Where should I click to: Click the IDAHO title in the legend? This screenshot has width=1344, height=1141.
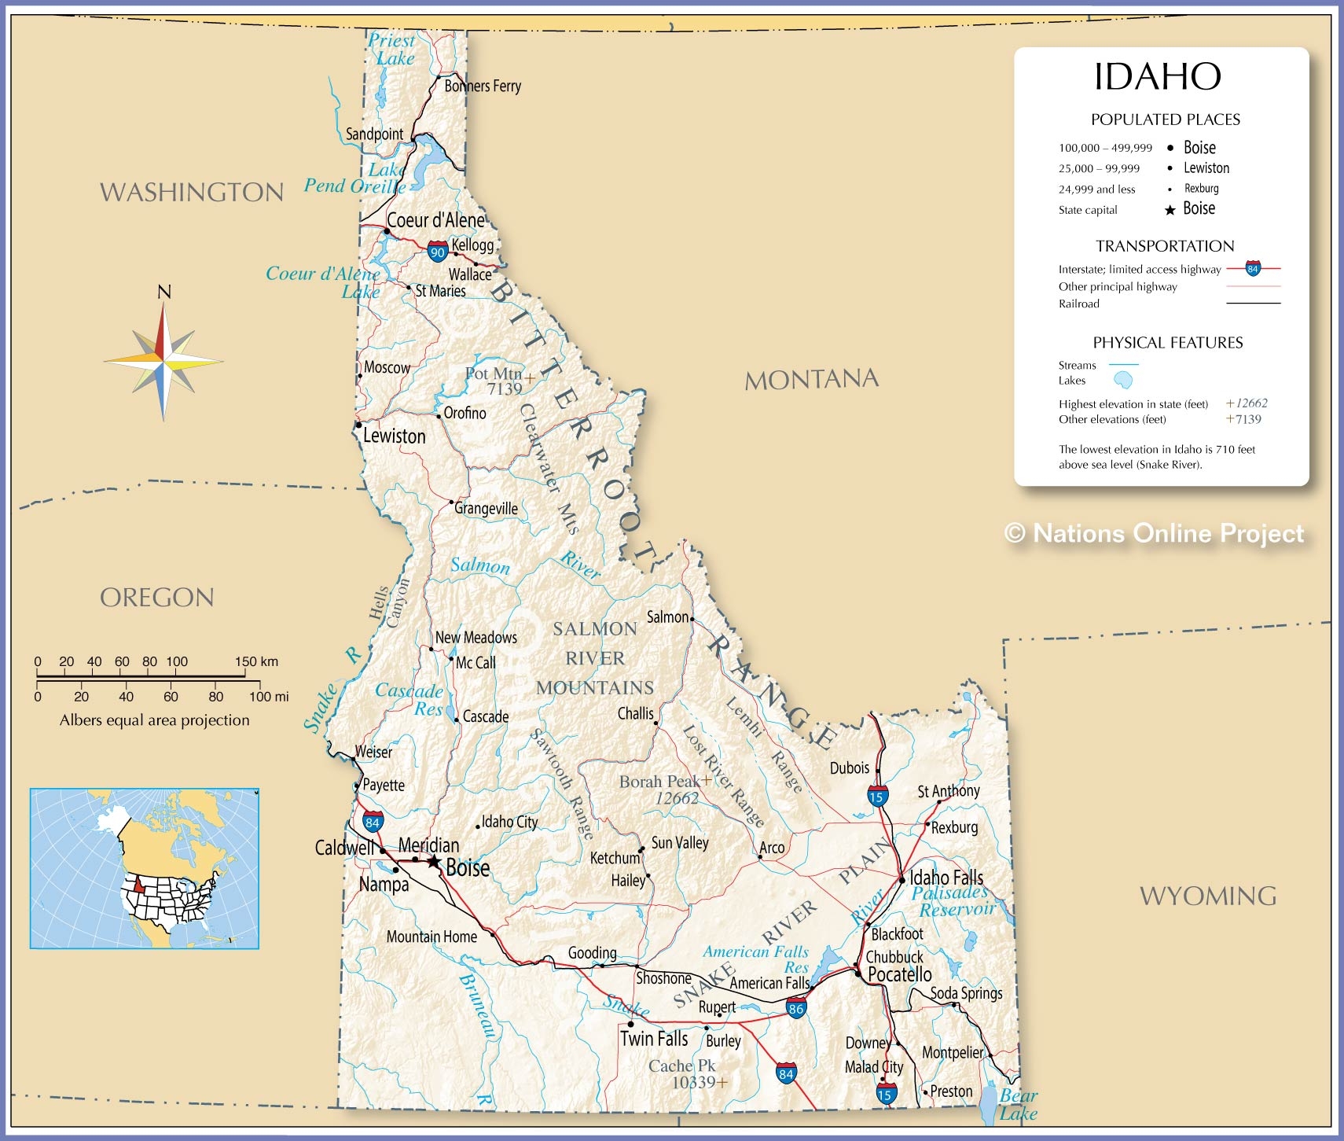point(1158,77)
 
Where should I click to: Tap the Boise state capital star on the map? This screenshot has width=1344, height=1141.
point(433,862)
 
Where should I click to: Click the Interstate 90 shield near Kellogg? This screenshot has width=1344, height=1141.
point(438,252)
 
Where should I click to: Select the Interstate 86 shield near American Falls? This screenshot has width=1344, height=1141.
point(796,1009)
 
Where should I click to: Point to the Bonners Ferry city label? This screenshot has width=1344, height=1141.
point(483,86)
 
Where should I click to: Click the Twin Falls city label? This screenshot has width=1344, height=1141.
point(654,1039)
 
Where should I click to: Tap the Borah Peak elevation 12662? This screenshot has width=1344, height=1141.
point(677,798)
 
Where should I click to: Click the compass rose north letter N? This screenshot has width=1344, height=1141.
point(164,292)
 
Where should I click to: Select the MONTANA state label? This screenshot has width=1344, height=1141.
point(811,380)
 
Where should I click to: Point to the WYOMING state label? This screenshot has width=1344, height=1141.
point(1207,896)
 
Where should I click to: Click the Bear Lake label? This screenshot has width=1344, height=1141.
point(1019,1104)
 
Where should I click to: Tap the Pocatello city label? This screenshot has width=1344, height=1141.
point(900,974)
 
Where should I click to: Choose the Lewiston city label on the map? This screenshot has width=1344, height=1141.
point(394,436)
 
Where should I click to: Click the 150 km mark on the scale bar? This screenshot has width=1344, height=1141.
point(256,661)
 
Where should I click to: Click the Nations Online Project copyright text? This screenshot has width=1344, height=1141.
point(1154,533)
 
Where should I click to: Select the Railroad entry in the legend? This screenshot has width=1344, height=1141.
point(1079,304)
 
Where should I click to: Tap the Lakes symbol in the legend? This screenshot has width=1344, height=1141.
point(1123,381)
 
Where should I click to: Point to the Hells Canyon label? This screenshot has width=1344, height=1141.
point(389,603)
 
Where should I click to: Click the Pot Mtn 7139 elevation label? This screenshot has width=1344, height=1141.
point(495,381)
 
